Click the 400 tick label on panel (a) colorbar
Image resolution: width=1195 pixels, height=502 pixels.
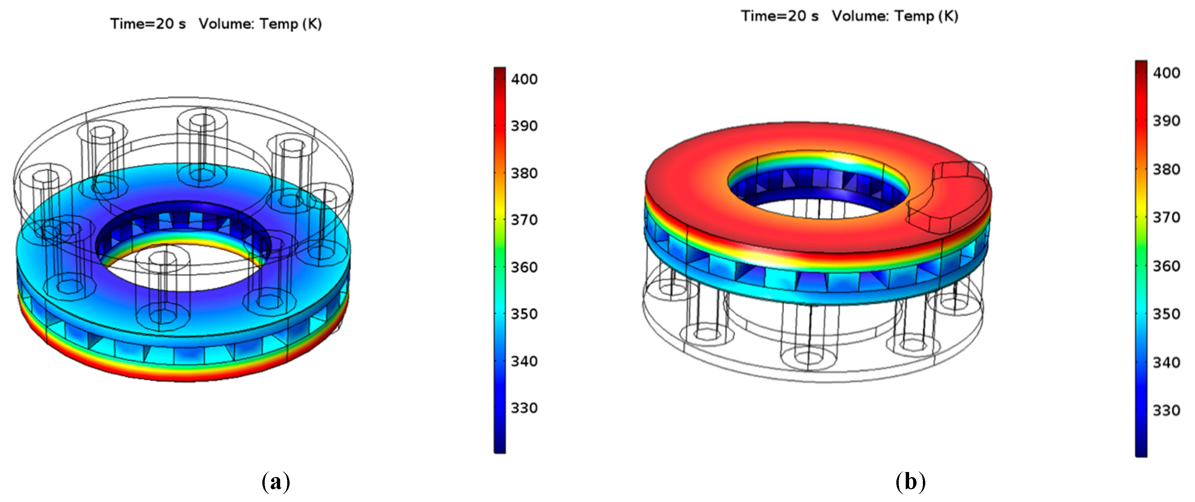pos(524,79)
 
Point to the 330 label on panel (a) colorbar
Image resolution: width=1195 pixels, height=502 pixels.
pos(524,408)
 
